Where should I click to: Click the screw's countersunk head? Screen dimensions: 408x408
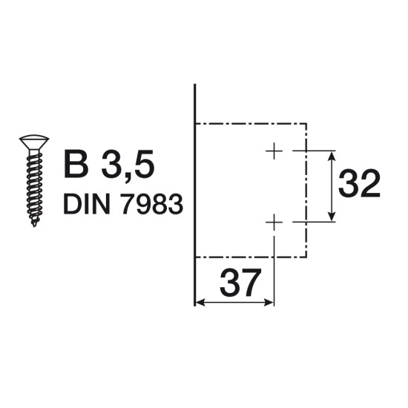[34, 142]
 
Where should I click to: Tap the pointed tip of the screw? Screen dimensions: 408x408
[34, 226]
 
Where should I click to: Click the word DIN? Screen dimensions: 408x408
[86, 204]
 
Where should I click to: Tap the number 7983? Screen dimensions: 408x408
[152, 205]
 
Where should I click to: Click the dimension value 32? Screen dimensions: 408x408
[359, 183]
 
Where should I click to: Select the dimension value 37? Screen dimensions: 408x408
[240, 283]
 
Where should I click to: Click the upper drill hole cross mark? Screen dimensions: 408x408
[274, 151]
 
